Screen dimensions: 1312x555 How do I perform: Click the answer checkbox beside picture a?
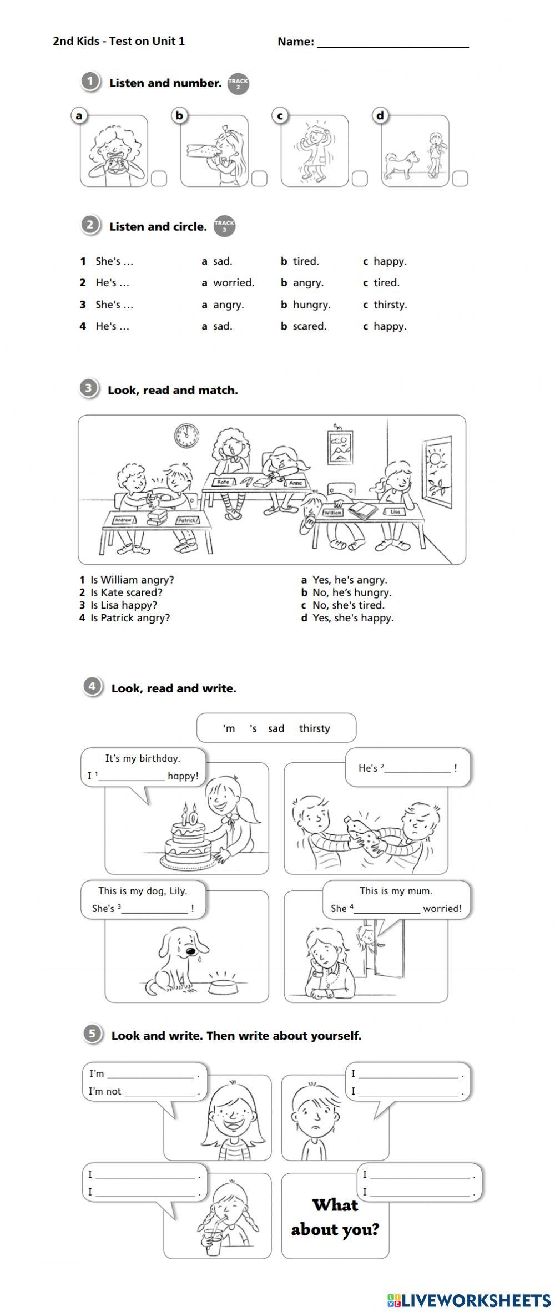159,179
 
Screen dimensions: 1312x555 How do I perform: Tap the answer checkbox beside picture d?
460,179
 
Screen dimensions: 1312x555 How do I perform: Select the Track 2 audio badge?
238,84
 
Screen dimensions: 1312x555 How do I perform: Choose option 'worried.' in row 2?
233,283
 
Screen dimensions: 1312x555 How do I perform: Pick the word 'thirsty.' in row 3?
390,305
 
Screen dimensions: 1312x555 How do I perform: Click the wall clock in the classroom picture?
186,435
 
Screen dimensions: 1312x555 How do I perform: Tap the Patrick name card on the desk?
186,520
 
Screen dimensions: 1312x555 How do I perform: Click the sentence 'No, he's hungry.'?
351,592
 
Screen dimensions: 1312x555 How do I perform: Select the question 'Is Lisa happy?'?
124,605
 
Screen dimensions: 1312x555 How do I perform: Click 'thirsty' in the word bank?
314,728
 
